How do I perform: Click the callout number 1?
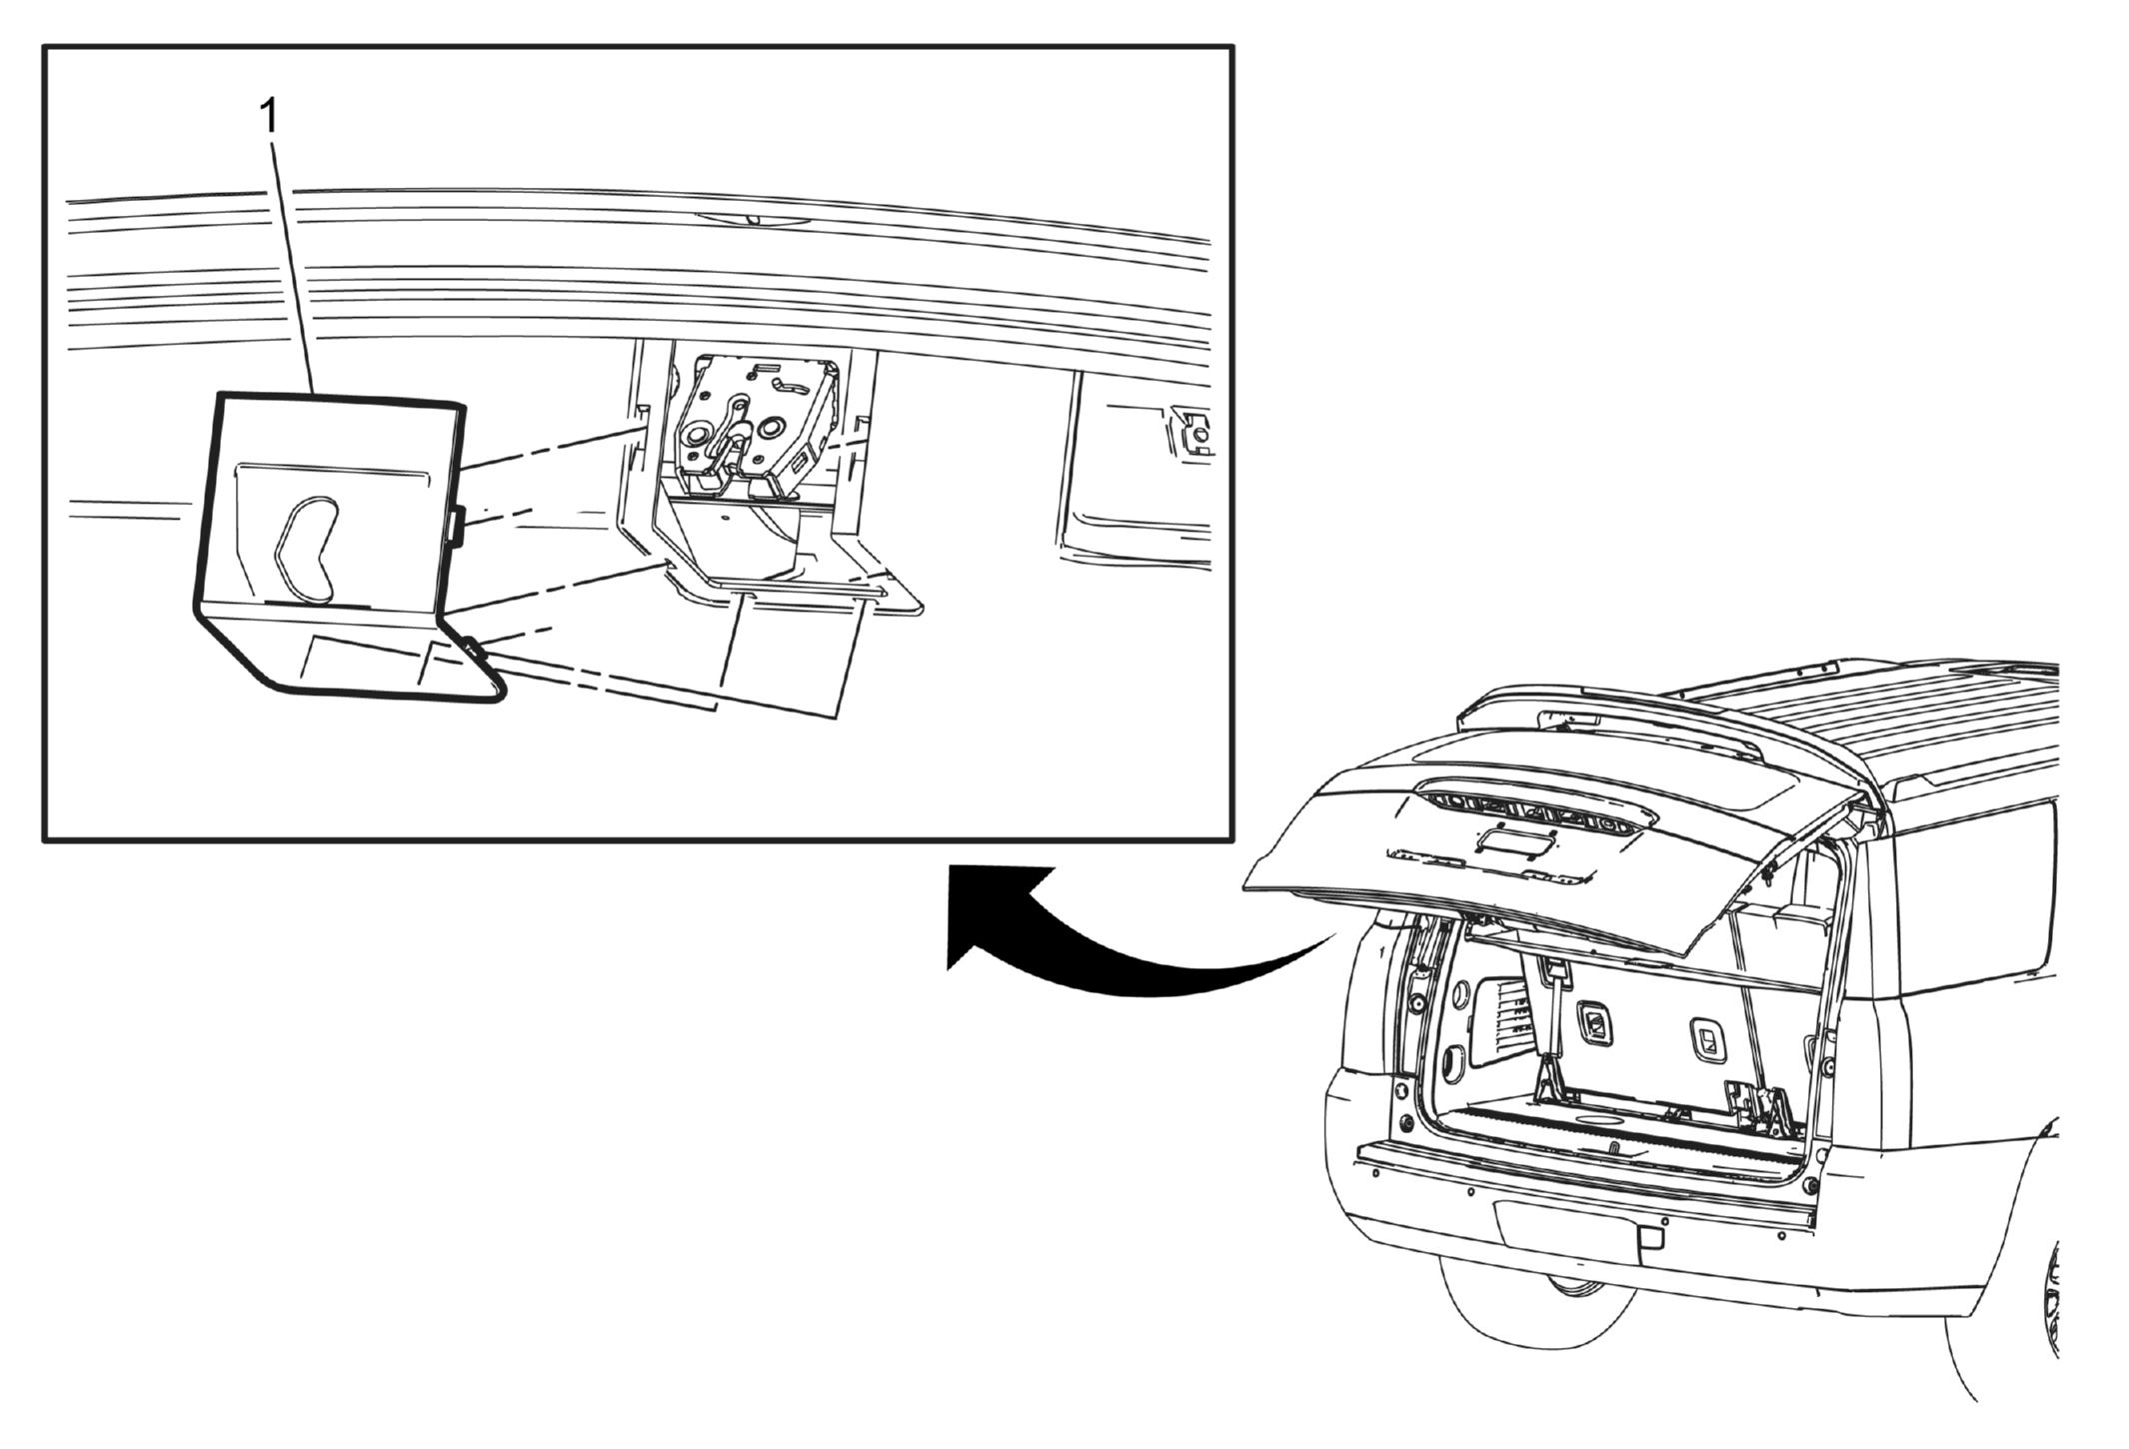coord(269,117)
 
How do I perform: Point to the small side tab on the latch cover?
coord(456,526)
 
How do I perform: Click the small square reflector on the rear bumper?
coord(1651,1237)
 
